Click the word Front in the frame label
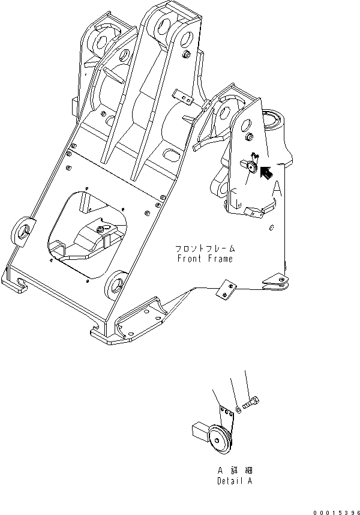(189, 259)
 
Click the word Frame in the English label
(220, 259)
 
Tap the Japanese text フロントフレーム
(205, 248)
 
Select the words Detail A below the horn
(235, 481)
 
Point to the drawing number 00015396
(337, 513)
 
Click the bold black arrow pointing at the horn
(266, 173)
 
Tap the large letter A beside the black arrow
(277, 189)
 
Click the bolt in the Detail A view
(251, 403)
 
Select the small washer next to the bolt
(239, 410)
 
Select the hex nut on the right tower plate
(249, 137)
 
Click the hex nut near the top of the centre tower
(187, 55)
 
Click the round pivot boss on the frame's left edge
(23, 232)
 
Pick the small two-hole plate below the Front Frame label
(226, 290)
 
